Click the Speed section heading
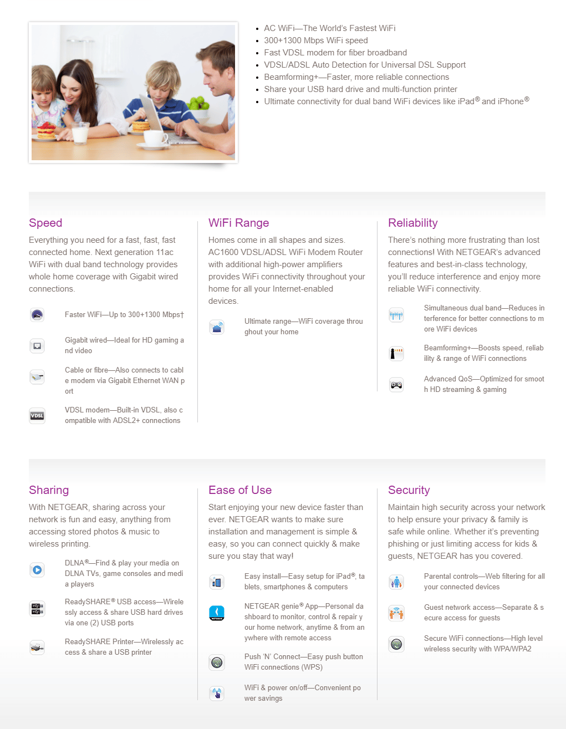(45, 223)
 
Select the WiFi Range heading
(238, 223)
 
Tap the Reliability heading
(412, 223)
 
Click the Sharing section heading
(49, 490)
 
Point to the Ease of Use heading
(239, 490)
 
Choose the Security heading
(409, 490)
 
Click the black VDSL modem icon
(37, 416)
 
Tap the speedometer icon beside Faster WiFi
(37, 315)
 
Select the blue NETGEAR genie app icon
(217, 613)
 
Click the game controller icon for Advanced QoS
(396, 385)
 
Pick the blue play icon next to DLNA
(37, 569)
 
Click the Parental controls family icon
(396, 582)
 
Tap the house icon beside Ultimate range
(217, 327)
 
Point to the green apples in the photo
(196, 103)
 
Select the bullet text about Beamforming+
(356, 77)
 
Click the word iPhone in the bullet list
(510, 101)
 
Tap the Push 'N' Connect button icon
(217, 662)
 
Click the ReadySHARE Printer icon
(37, 647)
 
